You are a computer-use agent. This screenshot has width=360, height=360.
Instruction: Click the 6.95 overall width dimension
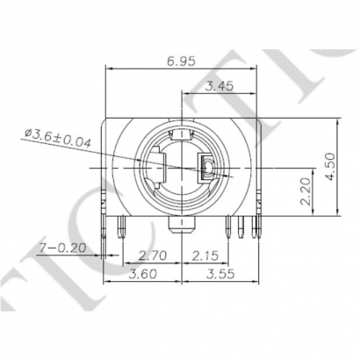181,61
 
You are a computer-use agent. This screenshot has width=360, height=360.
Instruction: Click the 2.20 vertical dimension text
305,189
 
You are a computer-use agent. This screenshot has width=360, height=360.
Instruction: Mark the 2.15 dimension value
206,256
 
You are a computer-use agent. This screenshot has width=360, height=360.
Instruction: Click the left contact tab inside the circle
156,169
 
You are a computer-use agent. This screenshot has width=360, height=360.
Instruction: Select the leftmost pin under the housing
105,230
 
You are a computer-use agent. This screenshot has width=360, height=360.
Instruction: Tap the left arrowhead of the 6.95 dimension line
109,68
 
